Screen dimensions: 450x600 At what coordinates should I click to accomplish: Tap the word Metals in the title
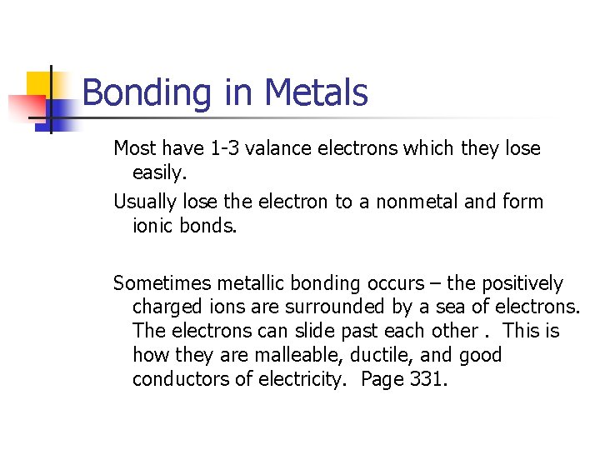[317, 92]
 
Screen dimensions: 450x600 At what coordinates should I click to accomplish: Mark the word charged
[167, 307]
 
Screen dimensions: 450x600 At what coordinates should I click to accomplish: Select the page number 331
[429, 380]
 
